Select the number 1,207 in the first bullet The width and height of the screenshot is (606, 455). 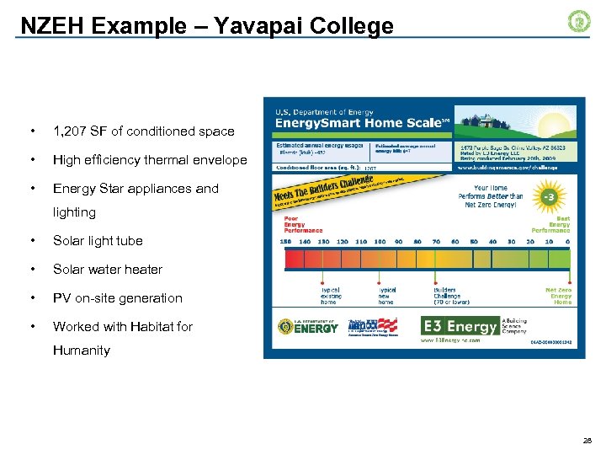[x=72, y=131]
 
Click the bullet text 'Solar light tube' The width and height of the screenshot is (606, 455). [x=98, y=241]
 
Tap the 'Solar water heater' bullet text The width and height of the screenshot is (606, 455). [x=108, y=270]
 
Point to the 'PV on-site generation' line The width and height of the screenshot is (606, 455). [x=117, y=298]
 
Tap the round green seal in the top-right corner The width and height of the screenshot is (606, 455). [x=579, y=22]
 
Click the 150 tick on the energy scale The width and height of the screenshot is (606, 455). [x=285, y=242]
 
